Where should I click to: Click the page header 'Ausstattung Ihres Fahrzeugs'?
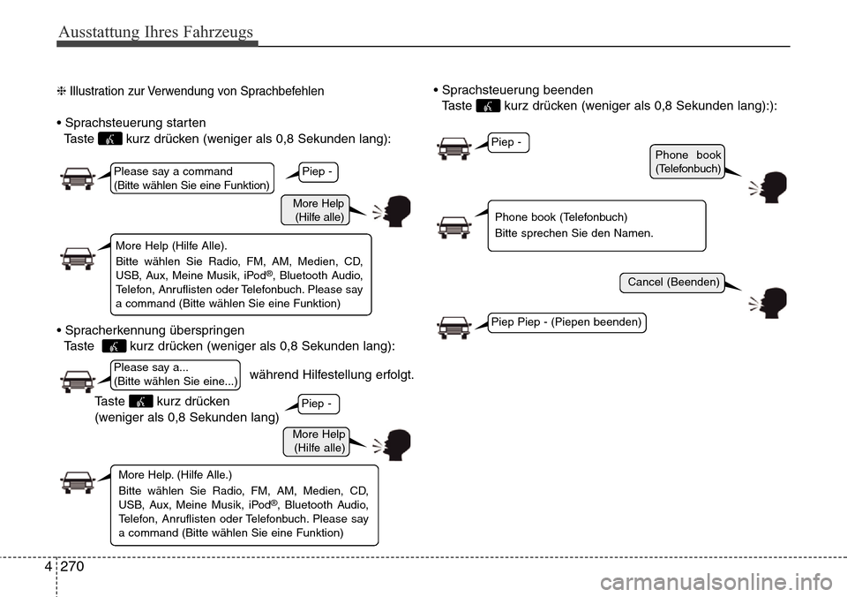click(x=155, y=32)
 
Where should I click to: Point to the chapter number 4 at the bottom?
click(x=47, y=570)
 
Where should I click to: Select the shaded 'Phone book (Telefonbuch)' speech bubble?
click(x=688, y=161)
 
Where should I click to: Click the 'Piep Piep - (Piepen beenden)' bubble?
click(x=566, y=322)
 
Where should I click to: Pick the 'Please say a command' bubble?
click(x=192, y=178)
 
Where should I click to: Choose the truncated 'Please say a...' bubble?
click(x=176, y=374)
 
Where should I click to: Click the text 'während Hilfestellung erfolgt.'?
click(x=333, y=374)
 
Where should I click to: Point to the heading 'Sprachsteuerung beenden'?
click(x=516, y=90)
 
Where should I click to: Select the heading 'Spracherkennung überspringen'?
click(x=155, y=329)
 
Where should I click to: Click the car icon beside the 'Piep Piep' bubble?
click(x=453, y=327)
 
